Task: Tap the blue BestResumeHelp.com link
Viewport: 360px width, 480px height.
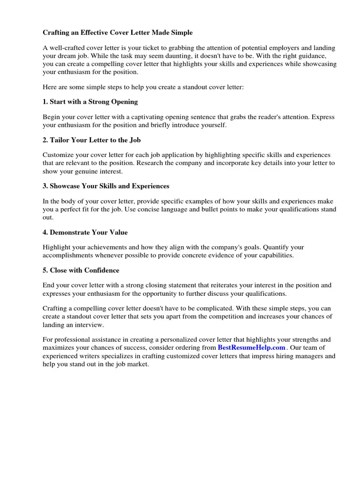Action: click(252, 347)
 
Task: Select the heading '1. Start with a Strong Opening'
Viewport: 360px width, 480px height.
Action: click(90, 102)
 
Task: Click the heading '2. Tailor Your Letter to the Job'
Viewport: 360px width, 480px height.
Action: click(91, 140)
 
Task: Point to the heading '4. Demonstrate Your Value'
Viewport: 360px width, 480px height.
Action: click(85, 232)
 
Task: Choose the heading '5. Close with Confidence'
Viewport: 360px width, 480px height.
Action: click(81, 270)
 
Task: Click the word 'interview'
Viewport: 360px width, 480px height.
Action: click(90, 324)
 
